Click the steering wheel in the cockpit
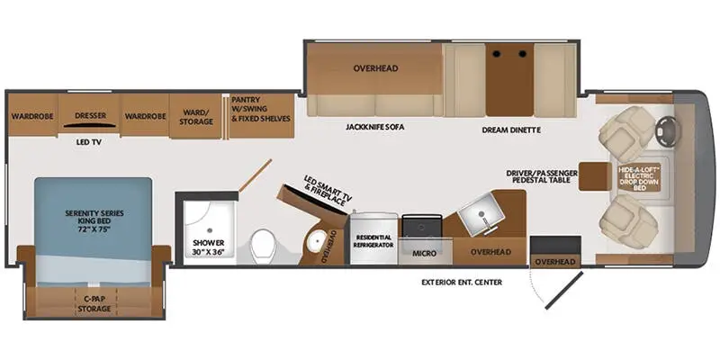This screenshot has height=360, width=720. [x=664, y=131]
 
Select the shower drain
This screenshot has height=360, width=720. [x=210, y=229]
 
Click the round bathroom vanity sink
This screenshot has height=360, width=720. [x=316, y=239]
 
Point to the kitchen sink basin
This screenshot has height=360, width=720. [x=480, y=212]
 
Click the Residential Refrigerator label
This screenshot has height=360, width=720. [x=373, y=241]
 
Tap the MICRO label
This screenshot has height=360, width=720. [x=425, y=253]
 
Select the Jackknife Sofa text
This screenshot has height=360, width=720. [x=375, y=127]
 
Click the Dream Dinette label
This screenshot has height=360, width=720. [x=511, y=130]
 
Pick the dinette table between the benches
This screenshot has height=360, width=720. [x=509, y=80]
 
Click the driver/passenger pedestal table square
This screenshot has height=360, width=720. [x=594, y=176]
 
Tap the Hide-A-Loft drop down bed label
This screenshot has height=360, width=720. [x=639, y=177]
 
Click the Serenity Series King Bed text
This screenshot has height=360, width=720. [x=94, y=221]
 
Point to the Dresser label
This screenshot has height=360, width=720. [x=91, y=116]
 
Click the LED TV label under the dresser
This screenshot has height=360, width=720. [x=88, y=143]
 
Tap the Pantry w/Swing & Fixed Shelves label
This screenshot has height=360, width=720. [x=261, y=109]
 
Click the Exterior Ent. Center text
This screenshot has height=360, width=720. [x=462, y=282]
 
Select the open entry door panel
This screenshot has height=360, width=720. [x=564, y=290]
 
